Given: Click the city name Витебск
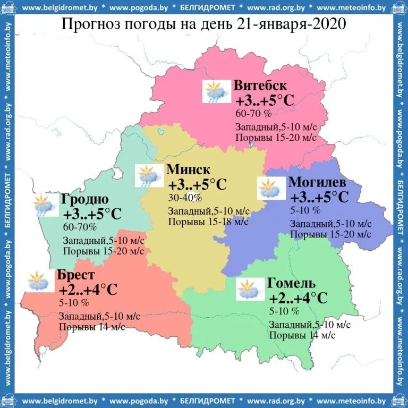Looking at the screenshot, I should point(260,86).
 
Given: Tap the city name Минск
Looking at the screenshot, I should point(188,170).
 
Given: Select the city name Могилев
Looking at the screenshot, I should point(317,182).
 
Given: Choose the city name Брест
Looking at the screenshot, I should point(78,275).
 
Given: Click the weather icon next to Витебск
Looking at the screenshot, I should point(215,91).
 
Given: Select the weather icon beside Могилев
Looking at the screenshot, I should point(270,189).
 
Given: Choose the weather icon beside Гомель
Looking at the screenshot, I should point(249,288).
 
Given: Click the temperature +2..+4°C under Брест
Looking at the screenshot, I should point(88,290).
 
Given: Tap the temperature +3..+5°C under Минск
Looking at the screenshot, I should point(198,185).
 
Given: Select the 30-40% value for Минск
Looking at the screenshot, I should point(185,198).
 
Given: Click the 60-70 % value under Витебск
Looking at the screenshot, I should point(253,113).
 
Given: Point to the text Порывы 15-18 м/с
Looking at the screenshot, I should point(208,222).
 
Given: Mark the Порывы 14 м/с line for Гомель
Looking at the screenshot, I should point(302,335).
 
